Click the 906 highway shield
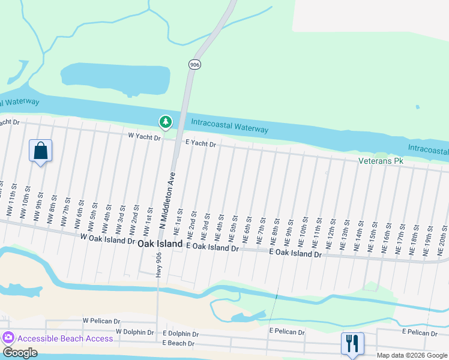pyautogui.click(x=193, y=64)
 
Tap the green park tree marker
pyautogui.click(x=165, y=122)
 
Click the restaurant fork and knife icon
pyautogui.click(x=352, y=343)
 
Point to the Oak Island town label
pyautogui.click(x=160, y=244)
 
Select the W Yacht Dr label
pyautogui.click(x=145, y=137)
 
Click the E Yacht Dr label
pyautogui.click(x=200, y=143)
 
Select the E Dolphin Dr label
pyautogui.click(x=180, y=334)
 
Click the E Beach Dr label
pyautogui.click(x=178, y=343)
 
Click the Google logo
pyautogui.click(x=20, y=353)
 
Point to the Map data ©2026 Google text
pyautogui.click(x=411, y=355)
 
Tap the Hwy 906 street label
pyautogui.click(x=158, y=263)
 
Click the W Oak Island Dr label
pyautogui.click(x=107, y=240)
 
